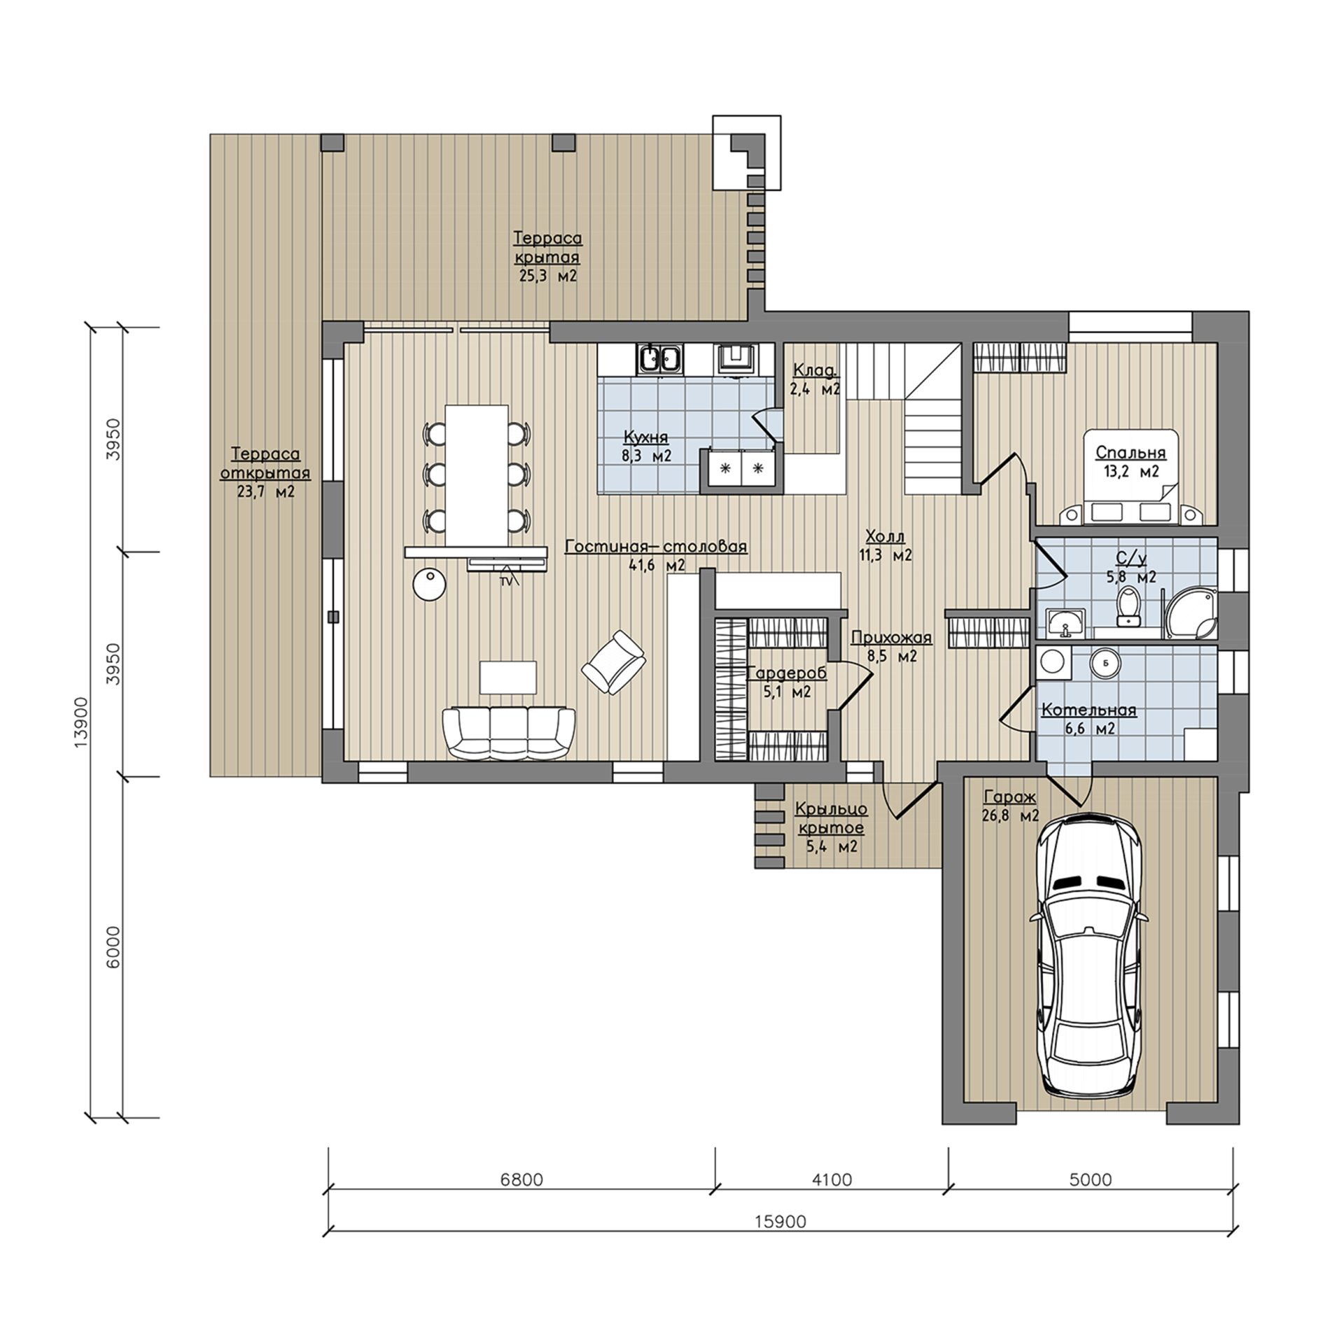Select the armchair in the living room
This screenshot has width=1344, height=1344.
coord(613,662)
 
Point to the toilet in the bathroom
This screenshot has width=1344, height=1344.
coord(1128,606)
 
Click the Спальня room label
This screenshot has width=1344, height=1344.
coord(1130,451)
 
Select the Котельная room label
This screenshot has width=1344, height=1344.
coord(1088,710)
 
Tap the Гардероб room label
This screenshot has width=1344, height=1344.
coord(787,673)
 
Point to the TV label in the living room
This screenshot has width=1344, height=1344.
coord(504,581)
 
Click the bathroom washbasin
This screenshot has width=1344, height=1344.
coord(1065,622)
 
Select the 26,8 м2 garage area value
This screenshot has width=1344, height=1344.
coord(1010,815)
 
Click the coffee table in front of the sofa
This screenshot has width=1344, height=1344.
coord(508,677)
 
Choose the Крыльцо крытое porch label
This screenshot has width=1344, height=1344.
coord(831,818)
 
